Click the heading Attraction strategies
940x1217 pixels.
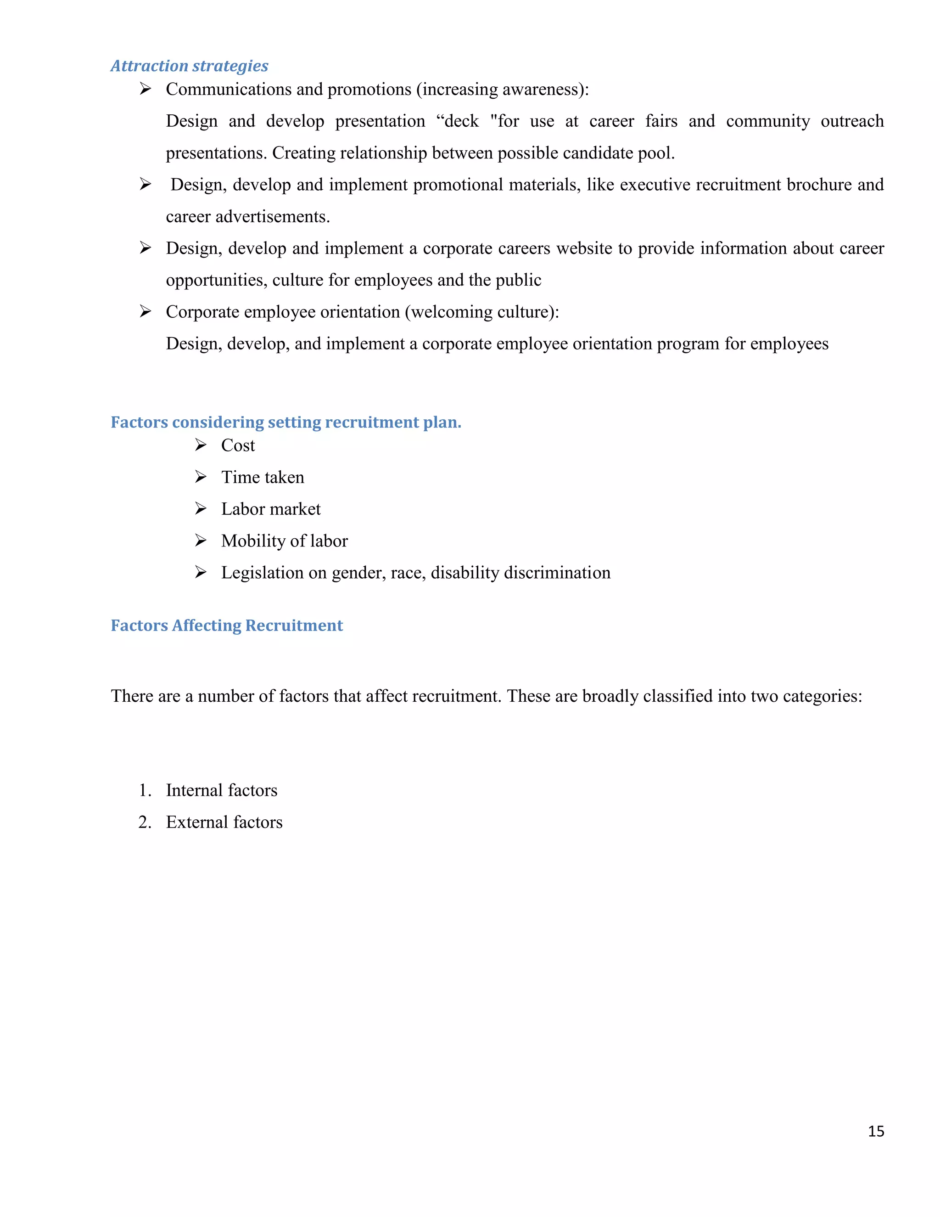(x=190, y=66)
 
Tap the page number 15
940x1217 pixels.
(x=875, y=1131)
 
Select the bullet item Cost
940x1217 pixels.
(x=238, y=445)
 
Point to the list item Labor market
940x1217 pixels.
(x=271, y=509)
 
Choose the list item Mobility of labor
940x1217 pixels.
(x=284, y=541)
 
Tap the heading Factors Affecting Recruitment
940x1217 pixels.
(x=227, y=625)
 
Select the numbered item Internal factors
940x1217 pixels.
(x=221, y=790)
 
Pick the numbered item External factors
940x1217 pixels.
(x=224, y=822)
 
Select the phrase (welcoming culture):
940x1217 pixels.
(x=481, y=311)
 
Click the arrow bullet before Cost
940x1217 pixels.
(x=201, y=445)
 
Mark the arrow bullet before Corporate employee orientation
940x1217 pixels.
(x=145, y=311)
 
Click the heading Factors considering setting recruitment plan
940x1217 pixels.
(x=285, y=422)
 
